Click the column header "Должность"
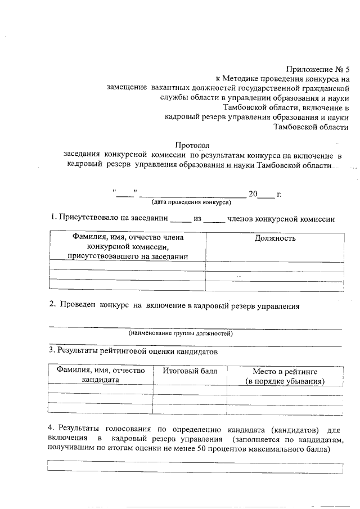tap(275, 238)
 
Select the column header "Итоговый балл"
tap(190, 371)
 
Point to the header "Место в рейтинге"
tap(285, 371)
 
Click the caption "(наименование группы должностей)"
tap(181, 334)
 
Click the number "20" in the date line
tap(253, 193)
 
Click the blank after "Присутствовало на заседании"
tap(180, 219)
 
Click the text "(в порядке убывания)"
tap(285, 381)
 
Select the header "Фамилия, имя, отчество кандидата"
tap(100, 375)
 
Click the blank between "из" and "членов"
tap(214, 219)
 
